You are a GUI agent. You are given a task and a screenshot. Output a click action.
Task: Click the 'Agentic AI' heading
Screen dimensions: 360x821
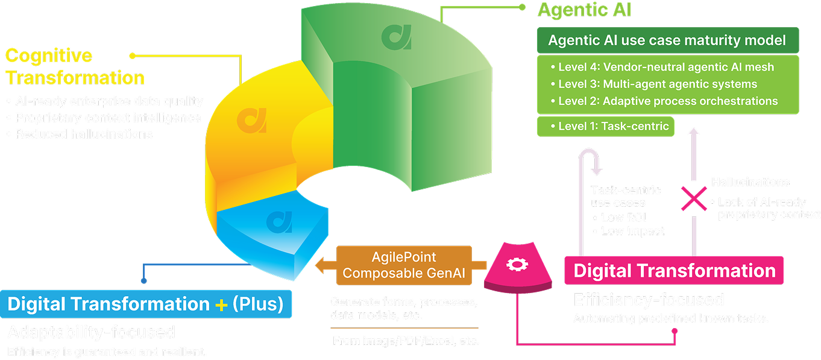pyautogui.click(x=584, y=10)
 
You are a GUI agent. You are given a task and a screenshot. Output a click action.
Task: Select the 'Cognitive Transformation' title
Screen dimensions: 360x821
pyautogui.click(x=75, y=66)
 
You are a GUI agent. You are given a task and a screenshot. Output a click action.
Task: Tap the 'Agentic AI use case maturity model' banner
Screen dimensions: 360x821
pyautogui.click(x=667, y=40)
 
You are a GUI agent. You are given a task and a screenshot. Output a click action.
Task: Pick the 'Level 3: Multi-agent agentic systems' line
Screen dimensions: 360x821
pyautogui.click(x=657, y=84)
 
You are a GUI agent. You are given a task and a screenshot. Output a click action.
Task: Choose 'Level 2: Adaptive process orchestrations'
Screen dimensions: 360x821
pyautogui.click(x=667, y=101)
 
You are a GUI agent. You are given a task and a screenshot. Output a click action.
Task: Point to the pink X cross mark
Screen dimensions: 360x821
pyautogui.click(x=694, y=198)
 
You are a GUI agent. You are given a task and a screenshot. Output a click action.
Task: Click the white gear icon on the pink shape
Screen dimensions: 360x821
pyautogui.click(x=516, y=264)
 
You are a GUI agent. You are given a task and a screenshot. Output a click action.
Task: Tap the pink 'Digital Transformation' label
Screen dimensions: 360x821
pyautogui.click(x=674, y=270)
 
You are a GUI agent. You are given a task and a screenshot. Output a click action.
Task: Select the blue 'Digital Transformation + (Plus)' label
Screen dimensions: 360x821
pyautogui.click(x=145, y=304)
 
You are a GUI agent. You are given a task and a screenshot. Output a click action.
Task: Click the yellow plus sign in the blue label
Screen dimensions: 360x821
pyautogui.click(x=221, y=305)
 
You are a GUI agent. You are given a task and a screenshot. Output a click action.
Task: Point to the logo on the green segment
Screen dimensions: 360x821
pyautogui.click(x=396, y=37)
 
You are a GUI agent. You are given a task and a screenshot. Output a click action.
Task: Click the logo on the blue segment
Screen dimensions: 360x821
pyautogui.click(x=279, y=221)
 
